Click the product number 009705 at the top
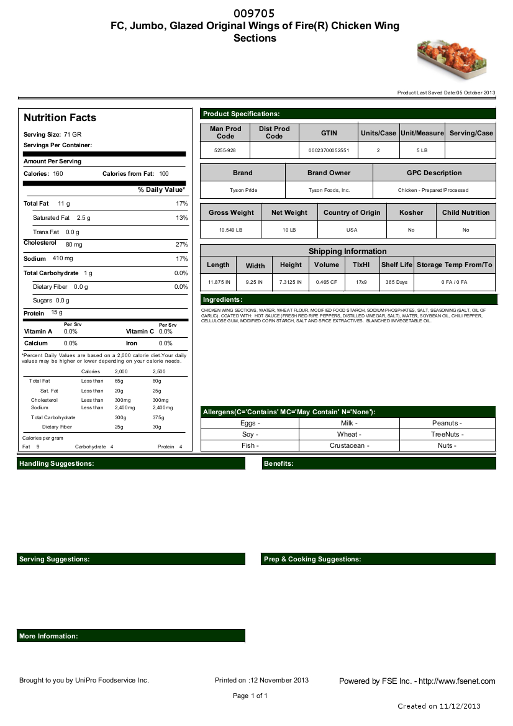(x=255, y=14)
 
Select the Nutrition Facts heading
(x=60, y=118)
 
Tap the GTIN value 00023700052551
(x=329, y=150)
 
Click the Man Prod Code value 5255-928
(x=225, y=150)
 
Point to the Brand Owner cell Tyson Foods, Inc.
(x=329, y=190)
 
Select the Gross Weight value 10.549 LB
(x=231, y=230)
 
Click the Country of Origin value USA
(x=352, y=230)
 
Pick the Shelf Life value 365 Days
(x=397, y=282)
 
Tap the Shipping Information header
(x=348, y=251)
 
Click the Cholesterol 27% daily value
(x=181, y=245)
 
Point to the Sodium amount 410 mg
(x=63, y=258)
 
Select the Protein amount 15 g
(x=57, y=313)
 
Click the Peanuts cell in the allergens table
(x=447, y=423)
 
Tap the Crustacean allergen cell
(x=349, y=445)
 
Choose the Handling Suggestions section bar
(x=130, y=463)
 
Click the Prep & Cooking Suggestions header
(x=379, y=559)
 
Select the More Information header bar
(x=130, y=636)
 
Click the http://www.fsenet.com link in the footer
(x=457, y=681)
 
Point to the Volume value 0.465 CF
(x=327, y=282)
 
